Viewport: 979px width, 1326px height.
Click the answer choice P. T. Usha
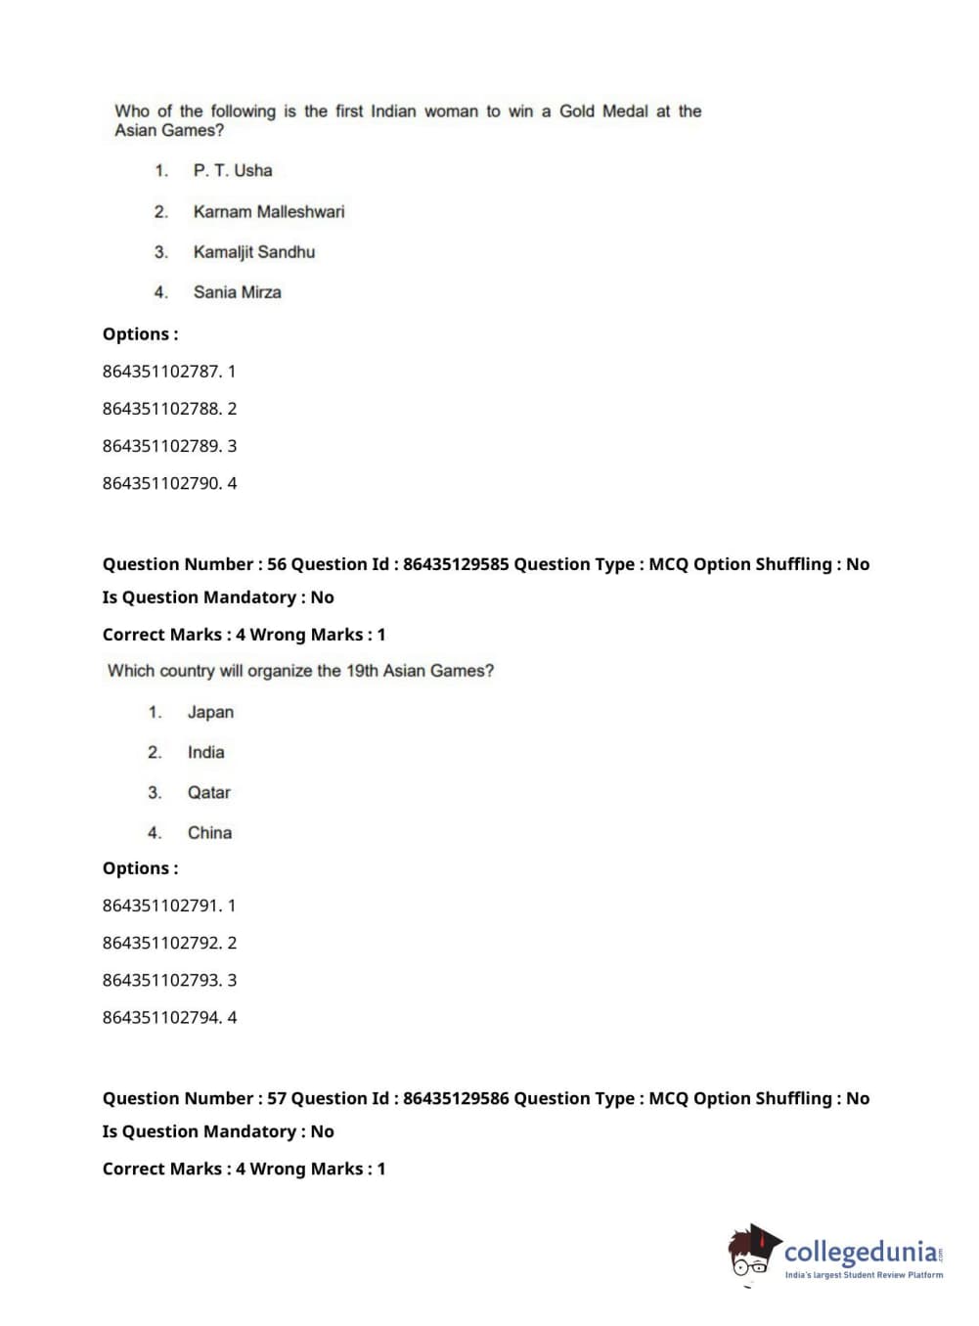233,170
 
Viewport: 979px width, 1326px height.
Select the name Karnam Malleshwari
269,211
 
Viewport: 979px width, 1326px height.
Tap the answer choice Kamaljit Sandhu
254,251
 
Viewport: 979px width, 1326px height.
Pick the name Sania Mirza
238,292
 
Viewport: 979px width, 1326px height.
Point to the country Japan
210,712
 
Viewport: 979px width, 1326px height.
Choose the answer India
205,752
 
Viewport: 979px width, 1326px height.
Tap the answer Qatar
209,792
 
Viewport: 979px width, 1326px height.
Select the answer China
209,833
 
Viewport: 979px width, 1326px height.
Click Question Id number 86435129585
456,564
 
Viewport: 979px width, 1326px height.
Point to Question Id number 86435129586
456,1098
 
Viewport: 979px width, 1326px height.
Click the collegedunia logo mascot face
751,1256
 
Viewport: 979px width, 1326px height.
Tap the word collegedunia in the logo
860,1251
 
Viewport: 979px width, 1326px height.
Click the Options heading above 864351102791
141,868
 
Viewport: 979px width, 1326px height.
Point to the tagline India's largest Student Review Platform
864,1275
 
